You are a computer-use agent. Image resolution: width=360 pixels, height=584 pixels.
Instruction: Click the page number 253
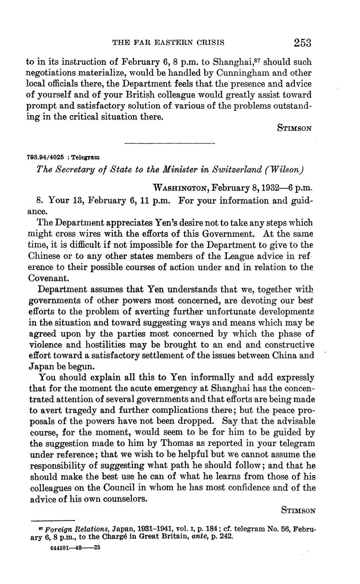pos(302,42)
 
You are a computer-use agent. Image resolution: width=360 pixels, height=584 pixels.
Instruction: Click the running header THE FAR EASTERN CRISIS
pos(168,42)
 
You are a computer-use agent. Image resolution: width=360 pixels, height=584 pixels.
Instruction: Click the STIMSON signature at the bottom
pos(298,510)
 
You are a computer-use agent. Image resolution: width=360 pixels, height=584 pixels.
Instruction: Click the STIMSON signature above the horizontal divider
pos(294,128)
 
